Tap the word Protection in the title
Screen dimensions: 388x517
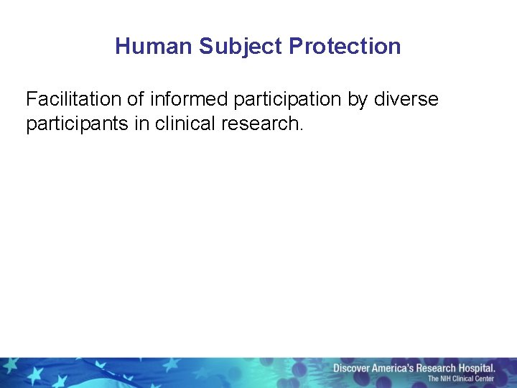(x=345, y=47)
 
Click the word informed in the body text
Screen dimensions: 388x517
(x=190, y=99)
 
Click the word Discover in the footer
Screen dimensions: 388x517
(x=350, y=369)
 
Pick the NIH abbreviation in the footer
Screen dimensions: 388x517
(x=447, y=379)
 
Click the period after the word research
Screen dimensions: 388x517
(x=302, y=129)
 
